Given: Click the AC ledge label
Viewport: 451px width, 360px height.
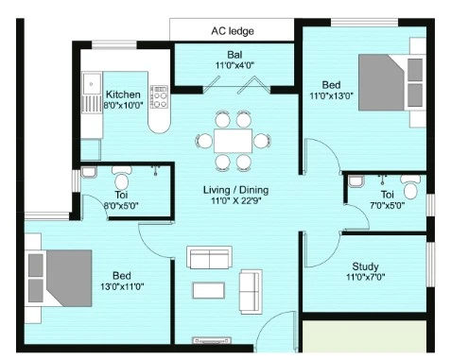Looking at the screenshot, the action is click(233, 31).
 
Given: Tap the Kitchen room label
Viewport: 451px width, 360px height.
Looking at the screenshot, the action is click(123, 94).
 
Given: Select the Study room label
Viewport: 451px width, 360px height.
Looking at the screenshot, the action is click(365, 266).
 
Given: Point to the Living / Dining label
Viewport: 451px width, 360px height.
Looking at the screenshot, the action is click(235, 190).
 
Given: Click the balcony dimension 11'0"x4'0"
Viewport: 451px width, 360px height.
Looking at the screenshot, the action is click(234, 65).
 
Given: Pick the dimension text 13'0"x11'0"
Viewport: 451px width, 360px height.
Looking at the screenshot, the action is click(122, 286).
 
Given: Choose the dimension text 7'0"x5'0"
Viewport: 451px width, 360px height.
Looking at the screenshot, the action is click(388, 206).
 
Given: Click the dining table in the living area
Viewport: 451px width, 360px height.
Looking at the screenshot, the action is click(233, 141).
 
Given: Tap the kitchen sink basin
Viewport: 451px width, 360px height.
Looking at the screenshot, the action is click(92, 83).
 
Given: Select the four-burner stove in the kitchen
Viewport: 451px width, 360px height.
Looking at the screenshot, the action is click(159, 96).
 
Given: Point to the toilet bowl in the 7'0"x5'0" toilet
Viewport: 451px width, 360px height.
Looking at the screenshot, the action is click(410, 187).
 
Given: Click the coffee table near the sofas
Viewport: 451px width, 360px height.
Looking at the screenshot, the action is click(209, 290).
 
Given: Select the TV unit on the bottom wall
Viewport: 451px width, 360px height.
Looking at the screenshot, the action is click(212, 340).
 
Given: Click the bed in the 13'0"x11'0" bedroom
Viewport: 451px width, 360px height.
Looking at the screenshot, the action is click(60, 279).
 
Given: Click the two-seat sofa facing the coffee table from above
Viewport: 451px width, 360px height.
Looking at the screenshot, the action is click(209, 257).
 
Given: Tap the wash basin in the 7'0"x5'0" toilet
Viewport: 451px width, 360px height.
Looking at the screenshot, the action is click(356, 180).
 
